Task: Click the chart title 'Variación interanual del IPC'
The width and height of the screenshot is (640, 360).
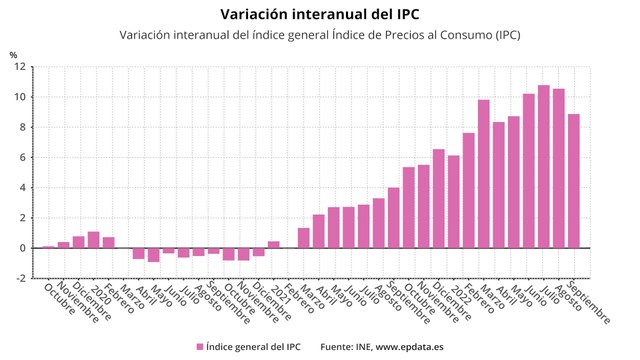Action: pos(319,14)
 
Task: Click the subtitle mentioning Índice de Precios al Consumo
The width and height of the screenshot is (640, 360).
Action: pos(319,35)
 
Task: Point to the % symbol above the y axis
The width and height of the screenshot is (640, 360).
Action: pos(13,56)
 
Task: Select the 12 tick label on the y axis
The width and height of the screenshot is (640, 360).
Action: pos(19,68)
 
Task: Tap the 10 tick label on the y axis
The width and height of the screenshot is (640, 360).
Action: pos(19,98)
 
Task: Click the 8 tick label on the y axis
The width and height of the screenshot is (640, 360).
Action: pos(22,128)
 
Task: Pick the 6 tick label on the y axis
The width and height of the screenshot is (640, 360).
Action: pos(22,158)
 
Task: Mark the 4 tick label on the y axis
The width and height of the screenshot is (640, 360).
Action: pos(22,188)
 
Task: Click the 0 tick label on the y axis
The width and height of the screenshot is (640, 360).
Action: pos(22,248)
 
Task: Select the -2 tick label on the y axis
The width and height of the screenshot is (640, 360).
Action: pos(20,278)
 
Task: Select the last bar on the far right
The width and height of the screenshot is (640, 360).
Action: pos(573,181)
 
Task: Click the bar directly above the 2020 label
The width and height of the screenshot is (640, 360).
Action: pos(93,240)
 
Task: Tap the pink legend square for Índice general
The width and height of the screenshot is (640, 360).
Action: pos(200,346)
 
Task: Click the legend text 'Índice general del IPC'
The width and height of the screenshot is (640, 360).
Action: pos(252,346)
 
